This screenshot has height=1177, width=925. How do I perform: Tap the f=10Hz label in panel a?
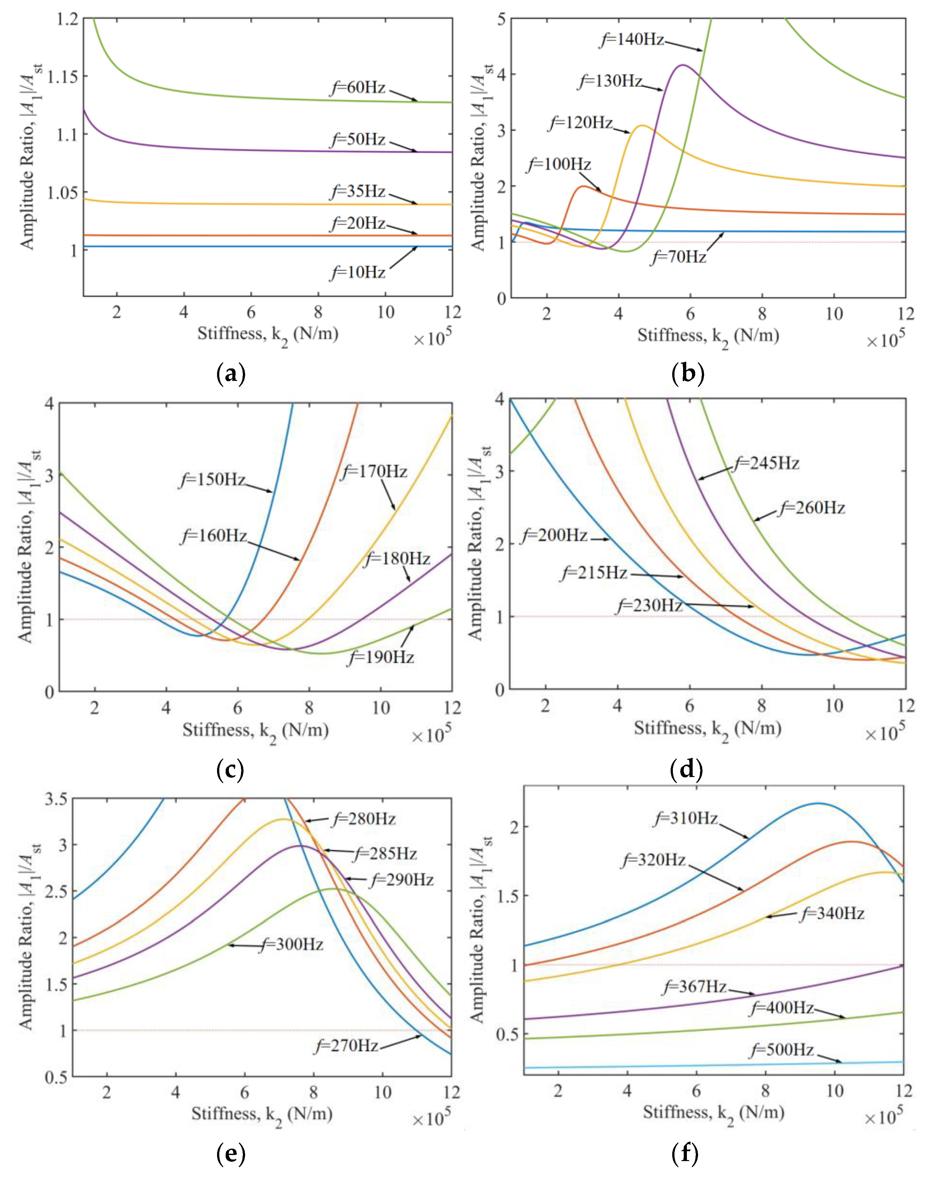pyautogui.click(x=357, y=272)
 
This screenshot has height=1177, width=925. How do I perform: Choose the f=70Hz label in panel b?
pyautogui.click(x=679, y=257)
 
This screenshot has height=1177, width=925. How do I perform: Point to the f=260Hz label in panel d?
pyautogui.click(x=811, y=508)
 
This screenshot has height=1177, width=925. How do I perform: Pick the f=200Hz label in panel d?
pyautogui.click(x=554, y=536)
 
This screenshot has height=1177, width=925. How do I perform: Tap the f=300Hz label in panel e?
pyautogui.click(x=291, y=945)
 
